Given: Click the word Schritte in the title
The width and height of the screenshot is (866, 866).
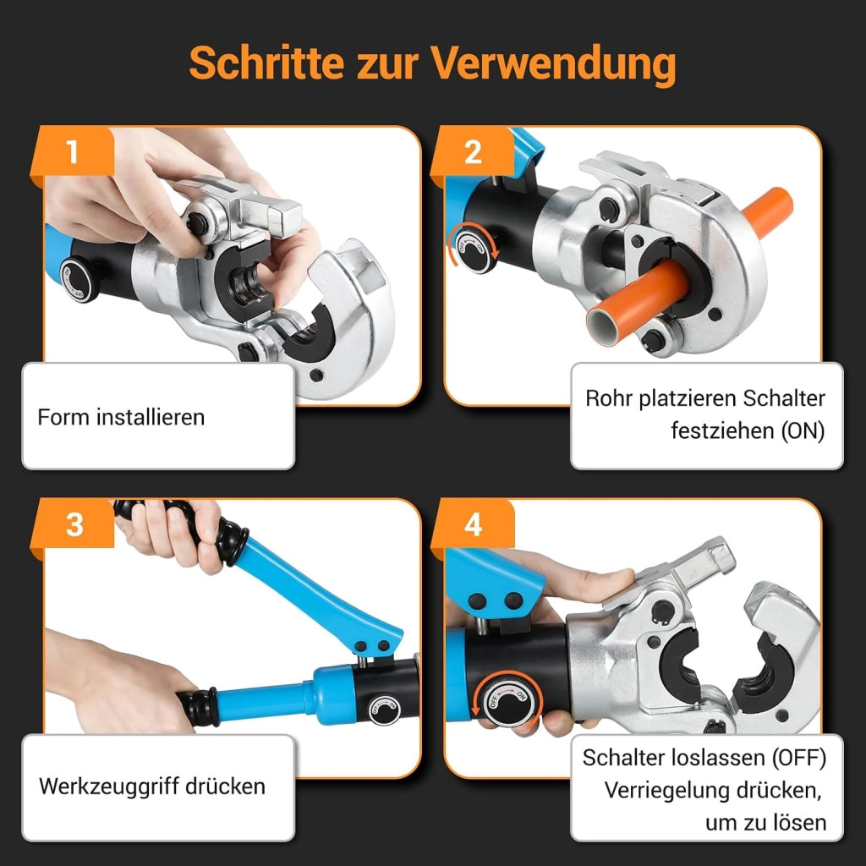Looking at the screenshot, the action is [266, 63].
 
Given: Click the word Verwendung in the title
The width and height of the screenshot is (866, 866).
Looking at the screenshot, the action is [553, 63].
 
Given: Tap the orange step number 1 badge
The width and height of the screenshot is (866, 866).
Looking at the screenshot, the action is [73, 151].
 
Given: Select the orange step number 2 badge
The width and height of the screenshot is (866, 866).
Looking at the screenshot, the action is [472, 151].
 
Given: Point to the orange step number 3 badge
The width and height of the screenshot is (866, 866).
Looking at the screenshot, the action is [74, 523].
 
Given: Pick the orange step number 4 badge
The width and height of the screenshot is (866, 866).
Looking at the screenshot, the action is [473, 523].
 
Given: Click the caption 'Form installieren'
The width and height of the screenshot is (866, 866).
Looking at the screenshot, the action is [121, 417].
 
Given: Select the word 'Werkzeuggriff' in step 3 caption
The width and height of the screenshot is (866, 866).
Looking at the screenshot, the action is [108, 787].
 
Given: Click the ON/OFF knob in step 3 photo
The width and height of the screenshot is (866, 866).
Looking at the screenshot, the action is [383, 710].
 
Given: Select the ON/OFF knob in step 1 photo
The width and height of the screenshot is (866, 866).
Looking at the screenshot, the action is [78, 279].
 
